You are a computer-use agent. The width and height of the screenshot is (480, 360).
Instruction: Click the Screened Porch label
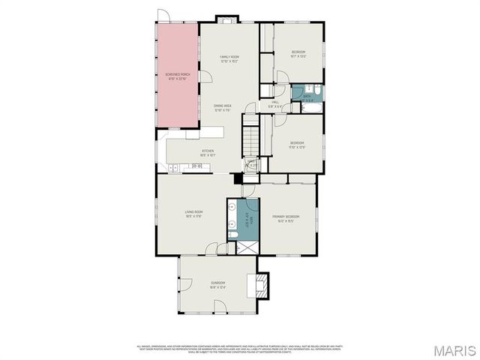(177, 76)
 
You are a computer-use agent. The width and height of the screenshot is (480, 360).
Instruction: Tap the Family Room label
(229, 59)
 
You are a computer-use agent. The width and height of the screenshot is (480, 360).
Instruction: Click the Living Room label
(195, 213)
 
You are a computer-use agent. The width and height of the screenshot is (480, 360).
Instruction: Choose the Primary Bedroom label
(286, 217)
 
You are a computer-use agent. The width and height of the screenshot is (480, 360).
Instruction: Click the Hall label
(275, 103)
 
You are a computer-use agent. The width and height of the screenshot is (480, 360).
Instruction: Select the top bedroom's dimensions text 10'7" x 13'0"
(298, 55)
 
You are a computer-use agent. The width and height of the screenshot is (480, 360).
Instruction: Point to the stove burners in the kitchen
(197, 166)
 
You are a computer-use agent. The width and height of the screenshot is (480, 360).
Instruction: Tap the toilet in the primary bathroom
(232, 235)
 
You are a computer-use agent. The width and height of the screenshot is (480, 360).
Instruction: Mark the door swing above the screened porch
(164, 16)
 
